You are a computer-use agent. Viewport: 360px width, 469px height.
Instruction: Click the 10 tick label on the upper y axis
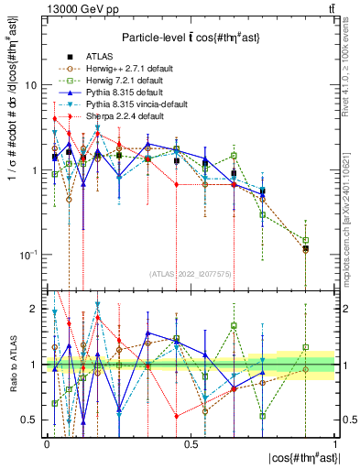pyautogui.click(x=31, y=85)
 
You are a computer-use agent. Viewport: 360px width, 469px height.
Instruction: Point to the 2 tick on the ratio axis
pyautogui.click(x=35, y=310)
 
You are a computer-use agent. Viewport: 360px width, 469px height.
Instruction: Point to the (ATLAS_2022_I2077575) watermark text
pyautogui.click(x=190, y=274)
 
